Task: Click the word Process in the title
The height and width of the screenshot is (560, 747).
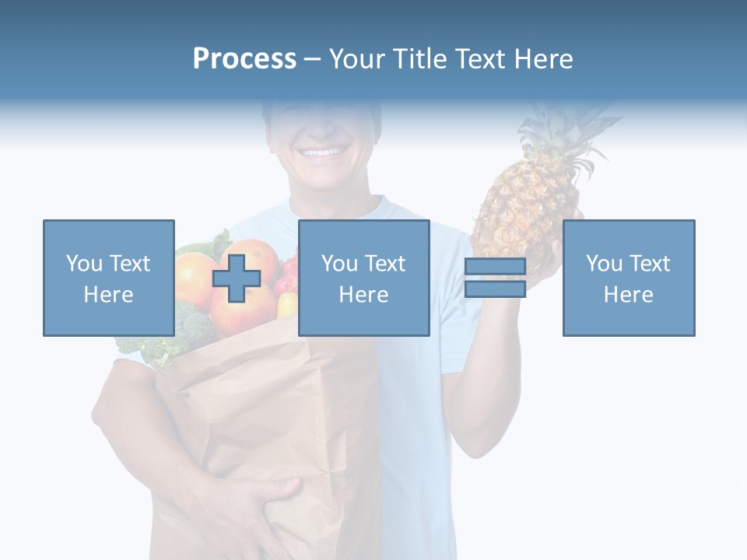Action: coord(244,59)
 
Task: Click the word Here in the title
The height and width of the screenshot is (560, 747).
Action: coord(542,59)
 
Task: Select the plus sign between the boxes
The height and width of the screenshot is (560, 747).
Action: coord(237,278)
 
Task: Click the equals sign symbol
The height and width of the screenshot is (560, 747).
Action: coord(495,278)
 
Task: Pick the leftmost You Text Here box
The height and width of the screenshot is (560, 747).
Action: coord(108,278)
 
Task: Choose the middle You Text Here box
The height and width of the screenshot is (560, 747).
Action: coord(363,278)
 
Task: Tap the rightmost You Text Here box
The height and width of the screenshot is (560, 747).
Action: coord(628,278)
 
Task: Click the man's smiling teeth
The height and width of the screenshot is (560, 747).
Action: coord(321,152)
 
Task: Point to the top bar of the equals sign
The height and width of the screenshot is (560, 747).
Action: coord(495,267)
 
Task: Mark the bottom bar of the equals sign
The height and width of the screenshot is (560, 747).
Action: coord(495,289)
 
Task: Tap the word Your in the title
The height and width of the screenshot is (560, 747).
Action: coord(359,59)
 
